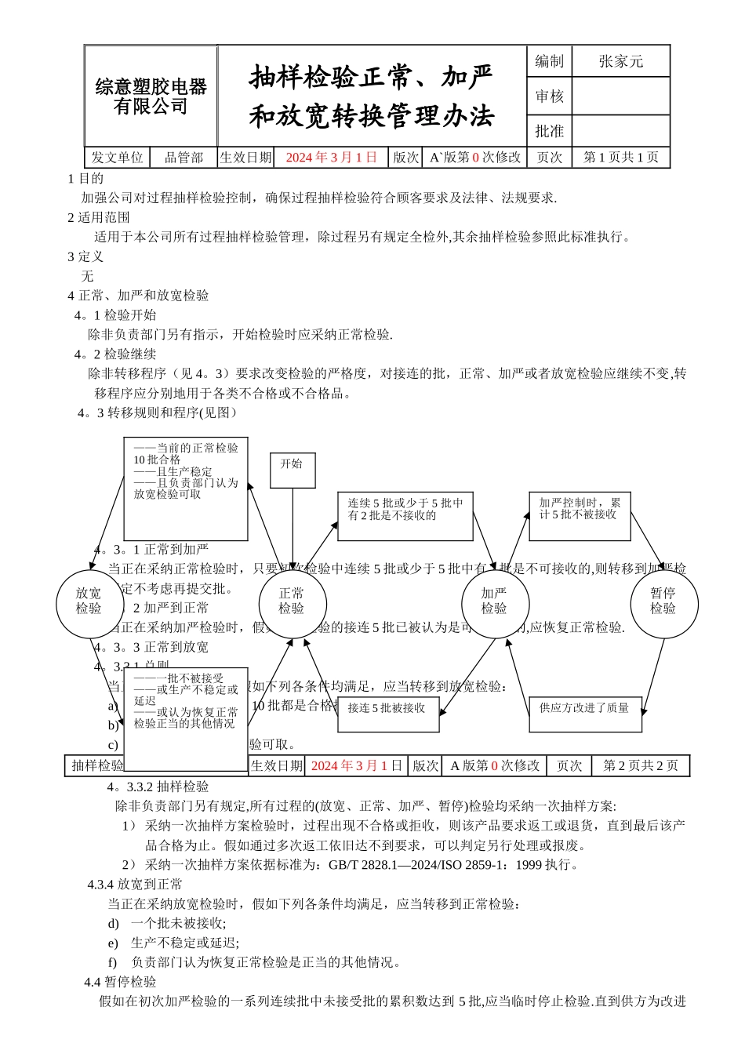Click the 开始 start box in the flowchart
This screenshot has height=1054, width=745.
[x=292, y=470]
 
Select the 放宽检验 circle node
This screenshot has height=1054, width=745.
[x=89, y=602]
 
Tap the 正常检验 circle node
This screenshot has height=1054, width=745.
[x=292, y=602]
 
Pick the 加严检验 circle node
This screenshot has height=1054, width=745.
[x=494, y=602]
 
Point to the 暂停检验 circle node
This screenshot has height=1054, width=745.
[x=663, y=602]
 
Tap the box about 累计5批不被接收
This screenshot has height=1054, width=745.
[x=580, y=515]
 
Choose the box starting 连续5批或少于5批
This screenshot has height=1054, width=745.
[x=405, y=515]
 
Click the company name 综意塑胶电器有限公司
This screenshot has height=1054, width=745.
[x=151, y=96]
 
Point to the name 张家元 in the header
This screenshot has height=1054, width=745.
[x=620, y=61]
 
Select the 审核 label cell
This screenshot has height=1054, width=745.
[x=549, y=96]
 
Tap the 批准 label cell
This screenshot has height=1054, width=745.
[x=549, y=131]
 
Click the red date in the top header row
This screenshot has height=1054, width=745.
[x=331, y=158]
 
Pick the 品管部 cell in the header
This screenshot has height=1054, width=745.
[x=184, y=158]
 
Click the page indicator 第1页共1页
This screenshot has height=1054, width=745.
[x=620, y=158]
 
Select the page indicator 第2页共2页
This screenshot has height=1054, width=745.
[x=640, y=765]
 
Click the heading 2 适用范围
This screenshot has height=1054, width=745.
[x=99, y=217]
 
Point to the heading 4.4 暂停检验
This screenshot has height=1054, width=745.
[x=121, y=982]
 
